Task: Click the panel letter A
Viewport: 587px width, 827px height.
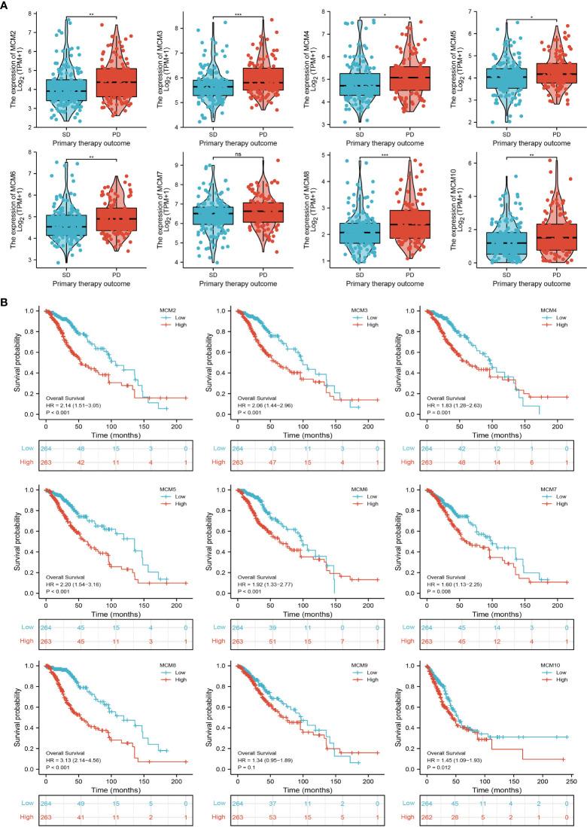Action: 6,6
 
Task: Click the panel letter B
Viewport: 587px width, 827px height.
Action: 6,280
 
